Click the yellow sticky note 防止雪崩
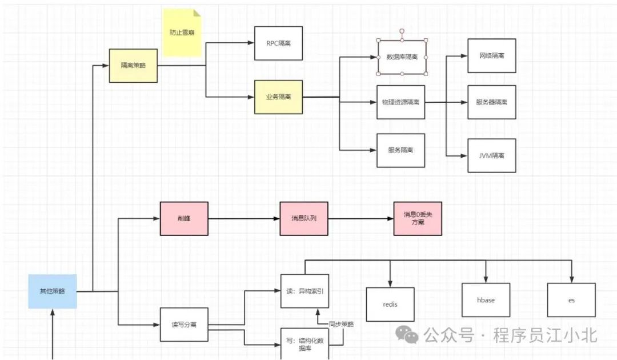click(x=182, y=33)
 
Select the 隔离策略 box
click(x=133, y=65)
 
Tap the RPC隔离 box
click(x=278, y=43)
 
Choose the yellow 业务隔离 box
click(x=278, y=97)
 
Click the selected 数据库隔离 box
click(x=402, y=57)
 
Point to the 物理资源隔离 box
click(x=400, y=102)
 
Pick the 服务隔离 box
click(x=400, y=150)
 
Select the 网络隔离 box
click(x=491, y=56)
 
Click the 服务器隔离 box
click(x=491, y=102)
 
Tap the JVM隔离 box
click(x=491, y=155)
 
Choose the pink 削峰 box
click(x=184, y=218)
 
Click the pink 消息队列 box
click(x=304, y=218)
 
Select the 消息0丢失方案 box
click(x=418, y=218)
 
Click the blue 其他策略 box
click(x=53, y=291)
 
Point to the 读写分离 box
click(x=184, y=324)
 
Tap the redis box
click(x=390, y=304)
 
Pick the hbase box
click(x=486, y=300)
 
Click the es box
click(x=571, y=300)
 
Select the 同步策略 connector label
click(x=341, y=324)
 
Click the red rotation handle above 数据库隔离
click(x=402, y=31)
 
